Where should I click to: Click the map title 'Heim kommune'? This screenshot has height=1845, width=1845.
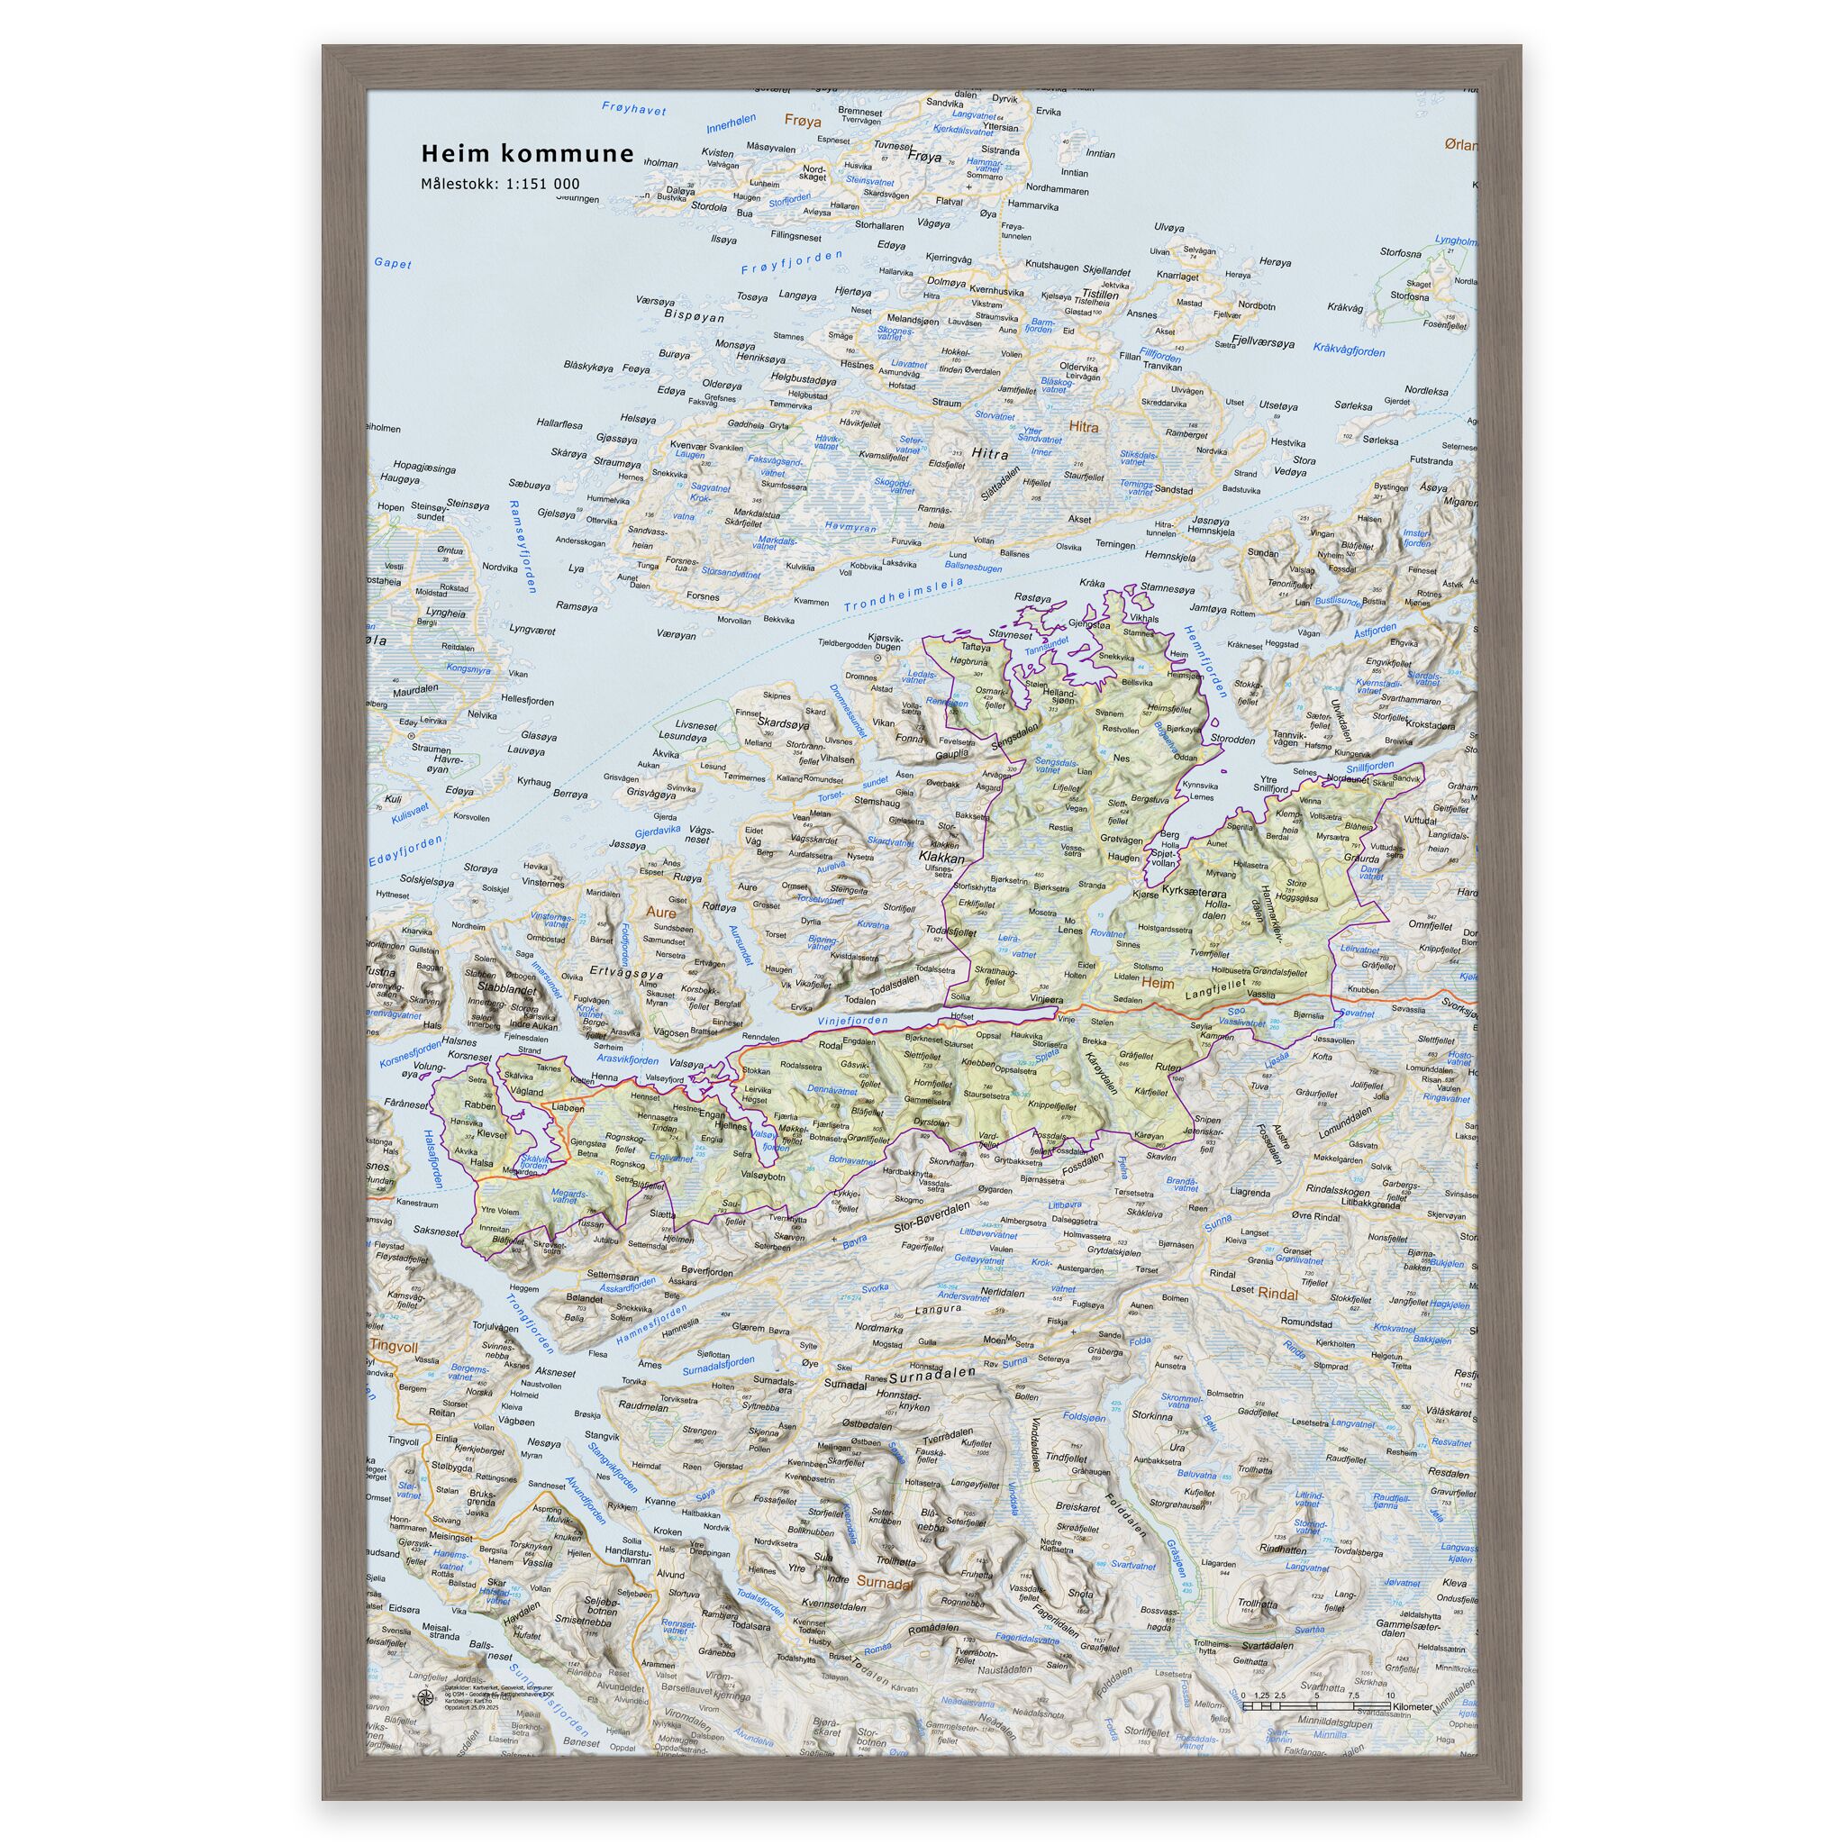coord(527,154)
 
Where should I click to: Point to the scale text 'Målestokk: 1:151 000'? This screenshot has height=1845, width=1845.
coord(500,185)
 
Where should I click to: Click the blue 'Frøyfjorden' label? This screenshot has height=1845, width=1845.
coord(793,263)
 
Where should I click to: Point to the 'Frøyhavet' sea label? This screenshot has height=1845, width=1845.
coord(634,109)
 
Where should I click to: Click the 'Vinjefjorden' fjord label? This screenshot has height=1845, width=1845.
coord(853,1021)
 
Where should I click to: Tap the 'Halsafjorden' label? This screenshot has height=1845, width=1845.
coord(432,1158)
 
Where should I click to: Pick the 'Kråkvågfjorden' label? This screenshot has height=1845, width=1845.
coord(1349,350)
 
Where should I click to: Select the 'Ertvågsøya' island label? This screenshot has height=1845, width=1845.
coord(624,971)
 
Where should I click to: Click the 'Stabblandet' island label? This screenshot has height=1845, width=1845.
coord(502,989)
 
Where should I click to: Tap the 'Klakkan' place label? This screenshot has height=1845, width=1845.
coord(941,858)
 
